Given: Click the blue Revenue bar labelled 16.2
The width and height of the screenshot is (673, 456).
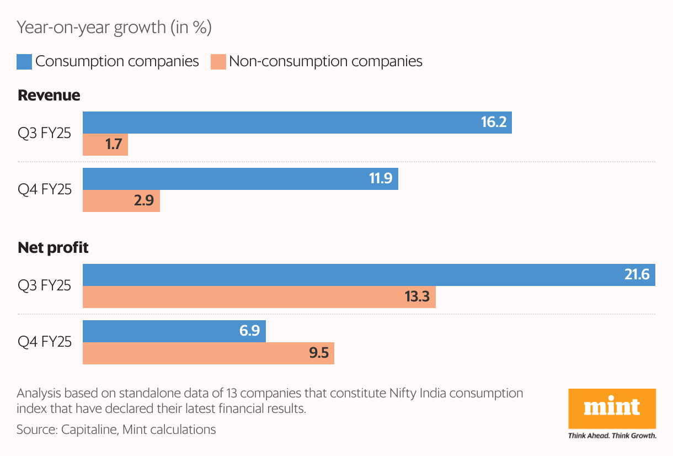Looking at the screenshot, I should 297,123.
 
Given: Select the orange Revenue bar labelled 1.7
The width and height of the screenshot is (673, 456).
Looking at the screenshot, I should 105,145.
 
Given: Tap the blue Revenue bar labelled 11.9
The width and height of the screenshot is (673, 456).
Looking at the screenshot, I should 240,179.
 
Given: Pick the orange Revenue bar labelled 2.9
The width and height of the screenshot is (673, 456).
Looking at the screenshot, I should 121,201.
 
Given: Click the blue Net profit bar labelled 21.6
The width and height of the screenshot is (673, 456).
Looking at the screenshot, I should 368,275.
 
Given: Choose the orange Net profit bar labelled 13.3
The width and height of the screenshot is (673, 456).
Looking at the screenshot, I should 259,297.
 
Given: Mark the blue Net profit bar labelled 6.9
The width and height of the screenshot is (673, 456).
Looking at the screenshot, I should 174,331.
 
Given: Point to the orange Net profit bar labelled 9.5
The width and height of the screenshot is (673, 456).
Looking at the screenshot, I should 208,353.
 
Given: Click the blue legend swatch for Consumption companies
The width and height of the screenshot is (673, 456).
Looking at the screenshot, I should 24,61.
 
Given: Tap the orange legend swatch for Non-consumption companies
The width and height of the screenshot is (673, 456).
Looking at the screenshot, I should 218,61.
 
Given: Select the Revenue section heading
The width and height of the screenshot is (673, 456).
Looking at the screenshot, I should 49,96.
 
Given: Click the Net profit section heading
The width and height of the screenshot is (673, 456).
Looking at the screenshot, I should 53,248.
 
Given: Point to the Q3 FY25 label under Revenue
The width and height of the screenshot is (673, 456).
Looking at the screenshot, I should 45,133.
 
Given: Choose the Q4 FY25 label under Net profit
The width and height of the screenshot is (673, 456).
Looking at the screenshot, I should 45,342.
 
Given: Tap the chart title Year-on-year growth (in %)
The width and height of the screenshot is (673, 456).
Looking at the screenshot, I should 114,28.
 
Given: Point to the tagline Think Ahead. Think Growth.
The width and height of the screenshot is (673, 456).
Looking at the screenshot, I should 612,436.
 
